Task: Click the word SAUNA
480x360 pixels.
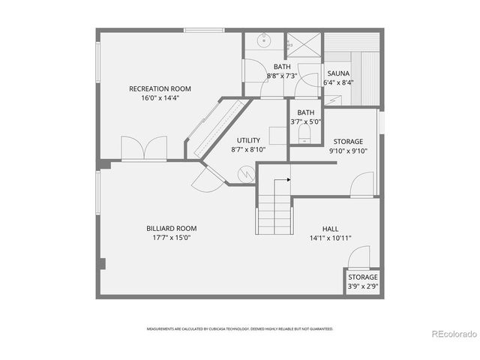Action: point(337,73)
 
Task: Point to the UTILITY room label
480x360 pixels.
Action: point(248,140)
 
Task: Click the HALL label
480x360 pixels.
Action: point(331,228)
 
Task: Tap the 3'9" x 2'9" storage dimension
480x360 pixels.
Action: point(362,286)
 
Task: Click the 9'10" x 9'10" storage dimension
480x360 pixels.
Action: point(348,151)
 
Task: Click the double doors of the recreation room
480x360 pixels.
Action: point(143,148)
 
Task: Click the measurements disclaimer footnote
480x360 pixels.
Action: point(240,328)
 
